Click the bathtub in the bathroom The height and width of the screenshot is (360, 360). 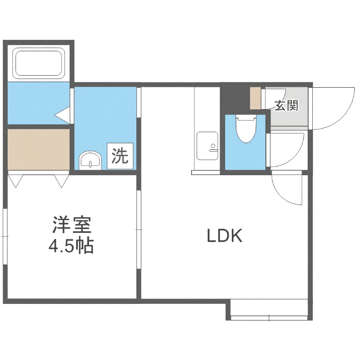pos(40,63)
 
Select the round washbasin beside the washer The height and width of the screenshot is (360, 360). pos(90,160)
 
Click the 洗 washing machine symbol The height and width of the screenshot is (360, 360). pos(120,156)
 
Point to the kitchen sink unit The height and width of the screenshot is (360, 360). pos(207,146)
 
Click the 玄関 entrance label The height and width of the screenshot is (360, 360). pos(285,106)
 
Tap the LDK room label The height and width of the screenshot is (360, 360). pos(225,236)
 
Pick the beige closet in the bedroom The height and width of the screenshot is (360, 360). pos(38,149)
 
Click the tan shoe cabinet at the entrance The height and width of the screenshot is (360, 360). pos(256,98)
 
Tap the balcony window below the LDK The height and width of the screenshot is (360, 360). pos(269,310)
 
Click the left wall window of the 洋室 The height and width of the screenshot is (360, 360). pos(4,236)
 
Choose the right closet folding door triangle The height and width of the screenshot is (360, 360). pos(61,180)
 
